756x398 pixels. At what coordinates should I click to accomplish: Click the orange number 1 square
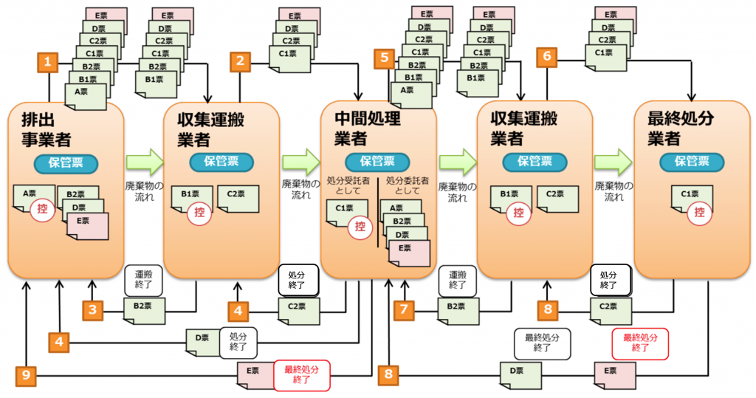click(x=48, y=63)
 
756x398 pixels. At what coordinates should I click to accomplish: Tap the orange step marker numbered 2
click(x=240, y=61)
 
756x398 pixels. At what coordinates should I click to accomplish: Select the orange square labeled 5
click(x=384, y=58)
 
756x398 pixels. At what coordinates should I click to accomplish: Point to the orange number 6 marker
click(x=546, y=56)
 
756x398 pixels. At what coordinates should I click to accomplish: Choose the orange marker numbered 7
click(x=404, y=310)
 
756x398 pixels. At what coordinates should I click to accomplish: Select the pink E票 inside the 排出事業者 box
click(x=87, y=225)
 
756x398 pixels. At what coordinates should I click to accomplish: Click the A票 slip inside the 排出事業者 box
click(x=32, y=196)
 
